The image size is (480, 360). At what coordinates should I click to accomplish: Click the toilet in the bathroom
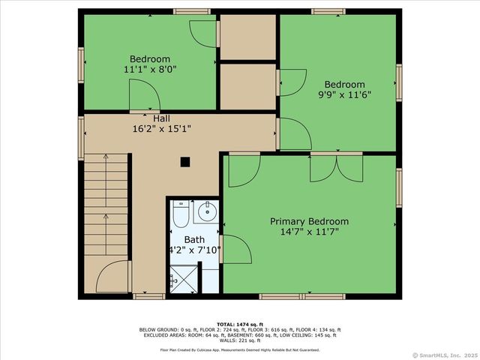point(181,214)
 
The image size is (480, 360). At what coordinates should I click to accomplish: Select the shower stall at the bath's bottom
point(182,281)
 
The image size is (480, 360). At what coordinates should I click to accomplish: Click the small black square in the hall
point(185,160)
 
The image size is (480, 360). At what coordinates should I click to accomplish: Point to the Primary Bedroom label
point(309,221)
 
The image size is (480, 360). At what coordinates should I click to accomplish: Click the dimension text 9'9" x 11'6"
point(344,94)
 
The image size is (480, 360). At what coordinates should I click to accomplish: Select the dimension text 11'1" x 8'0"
point(149,69)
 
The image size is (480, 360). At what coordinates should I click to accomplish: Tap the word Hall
point(161,118)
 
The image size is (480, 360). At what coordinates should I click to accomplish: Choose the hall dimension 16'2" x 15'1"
point(161,128)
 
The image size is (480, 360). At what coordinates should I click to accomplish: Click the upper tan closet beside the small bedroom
point(247,35)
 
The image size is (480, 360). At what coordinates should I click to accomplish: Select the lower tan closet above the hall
point(247,86)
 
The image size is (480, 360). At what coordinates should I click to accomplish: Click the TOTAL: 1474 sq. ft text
point(239,322)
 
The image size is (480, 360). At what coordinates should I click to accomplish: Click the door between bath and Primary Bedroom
point(232,248)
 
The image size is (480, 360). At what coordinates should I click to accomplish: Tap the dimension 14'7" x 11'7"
point(309,232)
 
